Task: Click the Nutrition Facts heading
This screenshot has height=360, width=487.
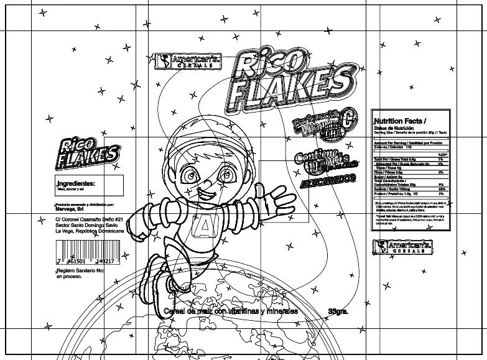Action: pos(399,121)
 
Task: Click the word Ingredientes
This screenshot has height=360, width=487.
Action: pos(76,184)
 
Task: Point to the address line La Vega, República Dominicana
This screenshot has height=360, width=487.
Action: pos(89,231)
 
